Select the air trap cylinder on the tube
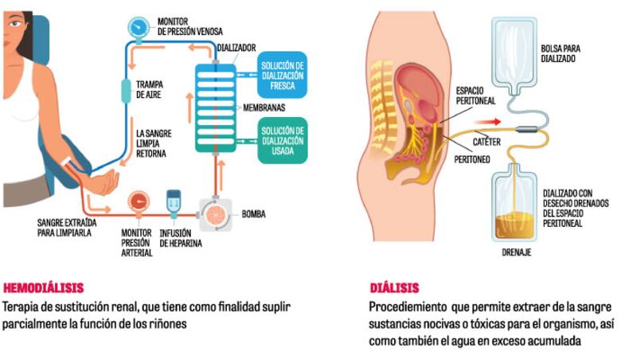click(126, 91)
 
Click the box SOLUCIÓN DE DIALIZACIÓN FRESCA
click(282, 74)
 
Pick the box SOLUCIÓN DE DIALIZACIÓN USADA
click(282, 140)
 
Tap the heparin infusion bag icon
click(174, 204)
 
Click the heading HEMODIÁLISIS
click(44, 288)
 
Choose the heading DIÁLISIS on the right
click(394, 288)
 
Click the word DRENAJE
click(516, 252)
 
